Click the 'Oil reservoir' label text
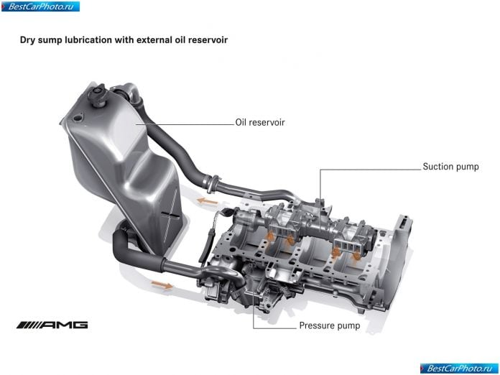(x=260, y=122)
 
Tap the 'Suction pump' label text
(x=450, y=167)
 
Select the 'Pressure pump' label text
(x=330, y=325)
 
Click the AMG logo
(x=52, y=325)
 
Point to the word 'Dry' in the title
(x=28, y=40)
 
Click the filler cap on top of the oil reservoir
(x=97, y=93)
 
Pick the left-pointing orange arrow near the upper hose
(x=208, y=201)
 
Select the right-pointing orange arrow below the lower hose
(x=162, y=284)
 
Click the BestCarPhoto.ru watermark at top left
(x=40, y=6)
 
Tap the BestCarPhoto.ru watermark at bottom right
(x=459, y=369)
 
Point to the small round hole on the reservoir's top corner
(x=77, y=118)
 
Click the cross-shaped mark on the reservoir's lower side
(x=170, y=216)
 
